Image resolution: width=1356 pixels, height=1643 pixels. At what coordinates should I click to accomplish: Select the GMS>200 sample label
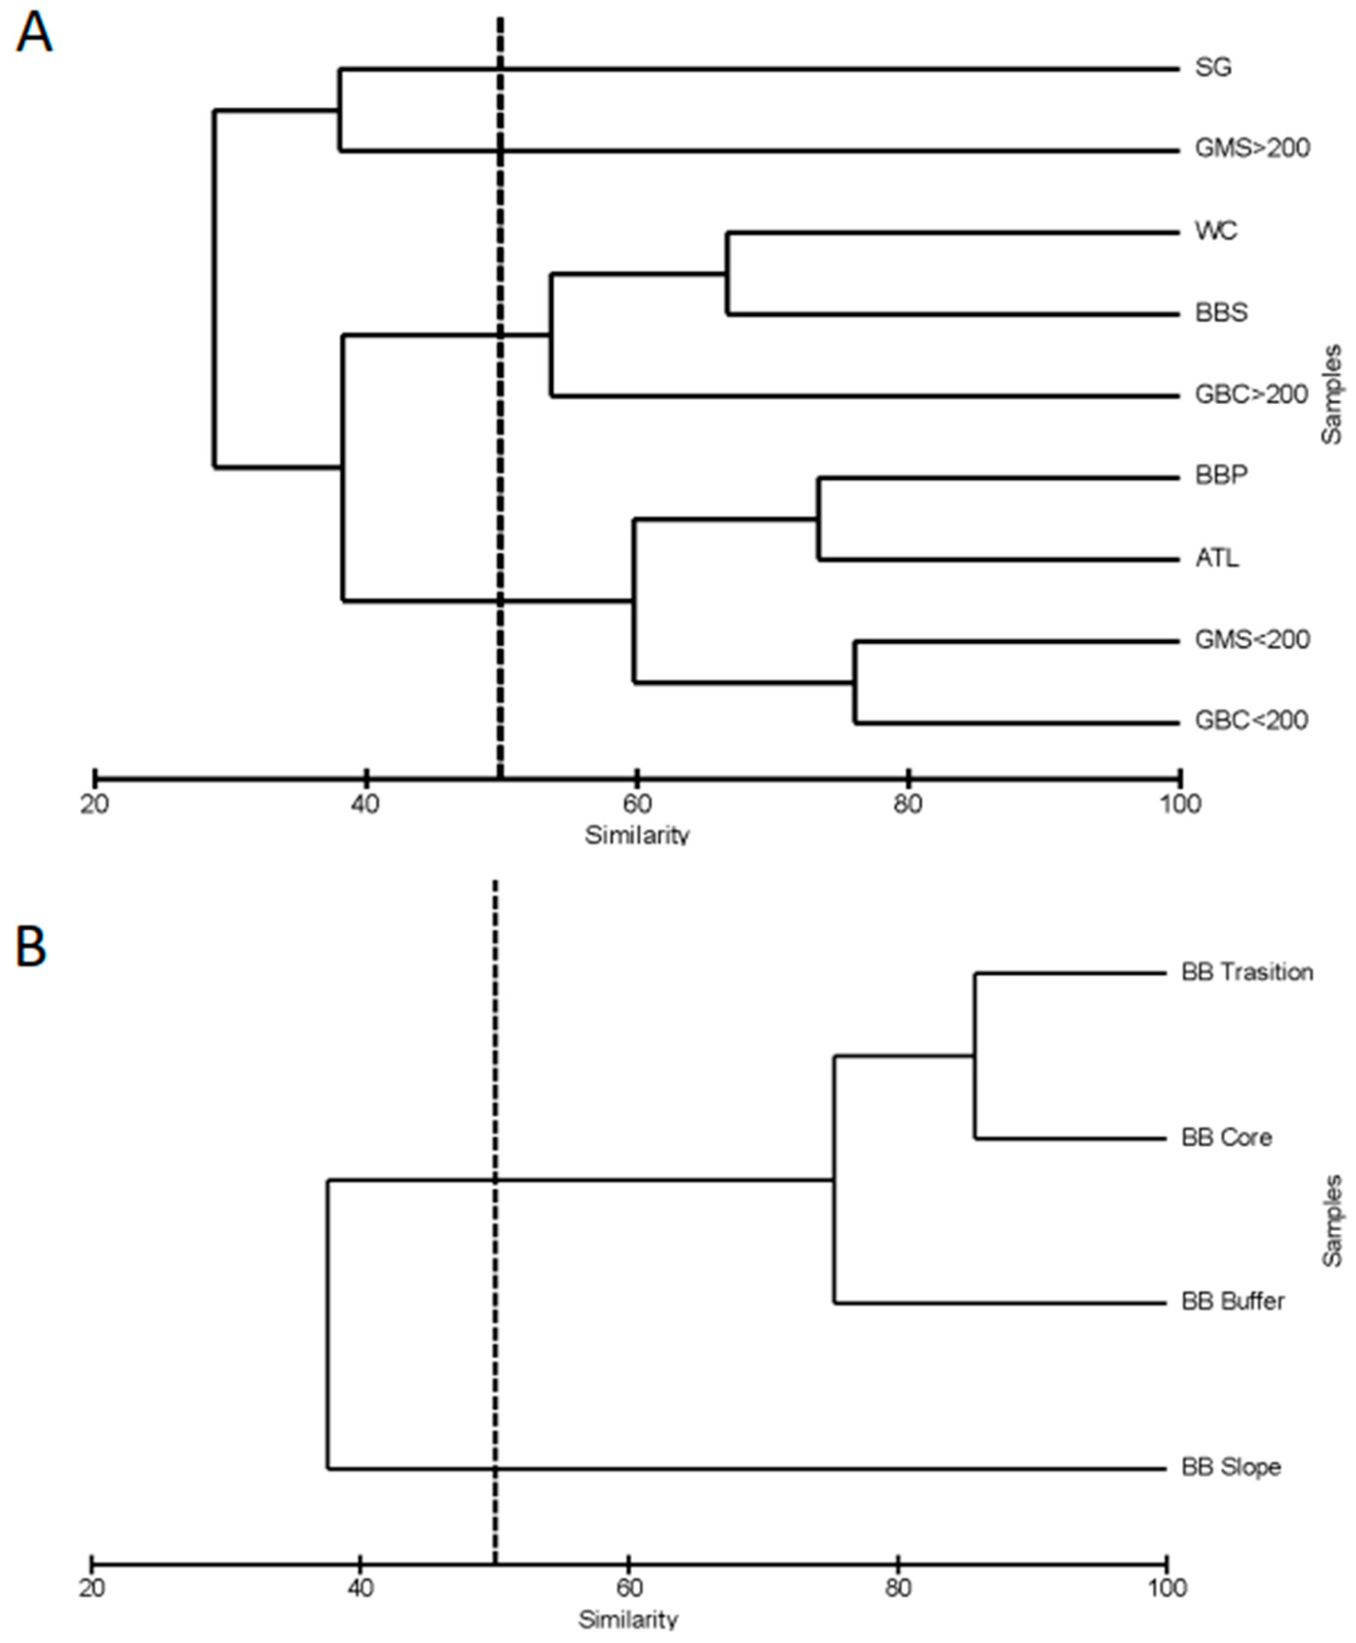[1251, 148]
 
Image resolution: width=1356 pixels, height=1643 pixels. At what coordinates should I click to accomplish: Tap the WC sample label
[1215, 231]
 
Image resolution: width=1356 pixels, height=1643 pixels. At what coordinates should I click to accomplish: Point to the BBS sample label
[1221, 312]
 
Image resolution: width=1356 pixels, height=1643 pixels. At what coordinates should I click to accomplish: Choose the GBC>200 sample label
[1251, 395]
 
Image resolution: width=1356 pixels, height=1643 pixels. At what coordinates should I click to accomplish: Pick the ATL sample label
[1216, 558]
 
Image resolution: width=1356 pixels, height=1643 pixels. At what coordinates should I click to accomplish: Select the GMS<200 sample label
[1251, 640]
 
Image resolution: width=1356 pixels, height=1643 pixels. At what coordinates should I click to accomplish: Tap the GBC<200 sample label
[1251, 720]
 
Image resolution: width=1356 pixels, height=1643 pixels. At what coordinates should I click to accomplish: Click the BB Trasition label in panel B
[1247, 973]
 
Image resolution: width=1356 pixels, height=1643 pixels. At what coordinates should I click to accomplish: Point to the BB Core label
[1227, 1137]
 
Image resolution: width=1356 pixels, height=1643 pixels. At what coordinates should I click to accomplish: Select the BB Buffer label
[1233, 1301]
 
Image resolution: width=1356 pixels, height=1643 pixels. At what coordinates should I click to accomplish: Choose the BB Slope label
[1231, 1467]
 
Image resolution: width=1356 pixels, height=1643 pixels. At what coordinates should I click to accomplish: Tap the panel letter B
[31, 948]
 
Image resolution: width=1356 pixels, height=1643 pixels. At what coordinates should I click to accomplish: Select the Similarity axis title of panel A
[636, 834]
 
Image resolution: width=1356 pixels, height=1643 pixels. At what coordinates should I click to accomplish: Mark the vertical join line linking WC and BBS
[727, 273]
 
